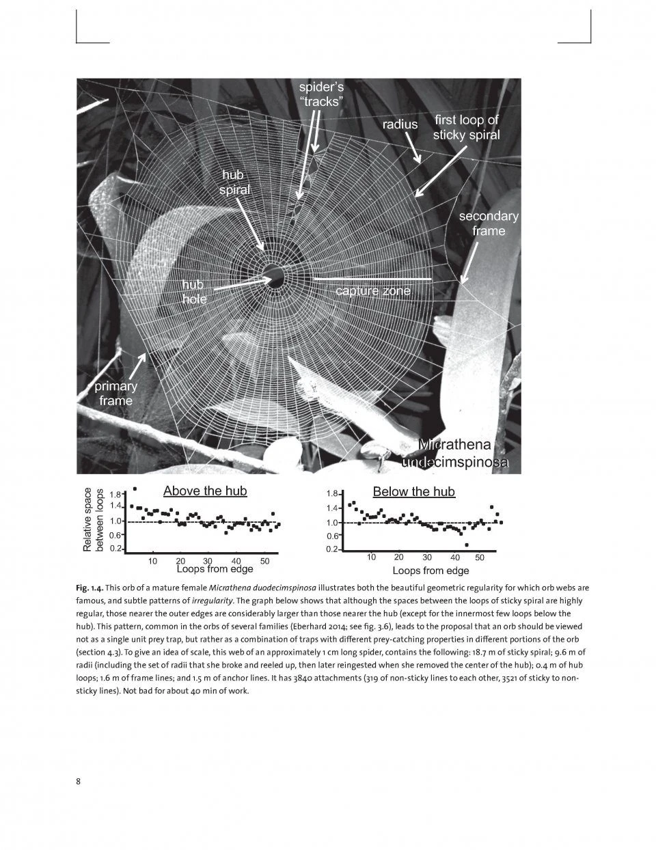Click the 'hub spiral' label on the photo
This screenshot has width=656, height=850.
[x=234, y=182]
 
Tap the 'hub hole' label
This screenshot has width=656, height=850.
[x=194, y=292]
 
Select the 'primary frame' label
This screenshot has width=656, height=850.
[x=115, y=394]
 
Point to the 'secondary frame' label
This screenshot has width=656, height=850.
[x=488, y=223]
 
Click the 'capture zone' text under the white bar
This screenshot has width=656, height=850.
[x=372, y=291]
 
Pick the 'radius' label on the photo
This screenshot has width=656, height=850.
[x=400, y=124]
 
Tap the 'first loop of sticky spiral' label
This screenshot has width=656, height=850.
[x=466, y=127]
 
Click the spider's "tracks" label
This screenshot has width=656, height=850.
[x=321, y=94]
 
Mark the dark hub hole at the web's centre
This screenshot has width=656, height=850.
[x=275, y=275]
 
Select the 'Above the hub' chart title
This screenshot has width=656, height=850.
[x=205, y=491]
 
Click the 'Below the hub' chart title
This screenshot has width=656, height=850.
[x=413, y=491]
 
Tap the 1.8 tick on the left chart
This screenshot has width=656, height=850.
[x=115, y=494]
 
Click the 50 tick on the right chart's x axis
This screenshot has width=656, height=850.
[x=480, y=558]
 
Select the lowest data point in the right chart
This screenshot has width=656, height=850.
[x=466, y=545]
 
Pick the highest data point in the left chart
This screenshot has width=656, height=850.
[x=135, y=489]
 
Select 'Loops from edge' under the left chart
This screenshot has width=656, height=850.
[x=215, y=568]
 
